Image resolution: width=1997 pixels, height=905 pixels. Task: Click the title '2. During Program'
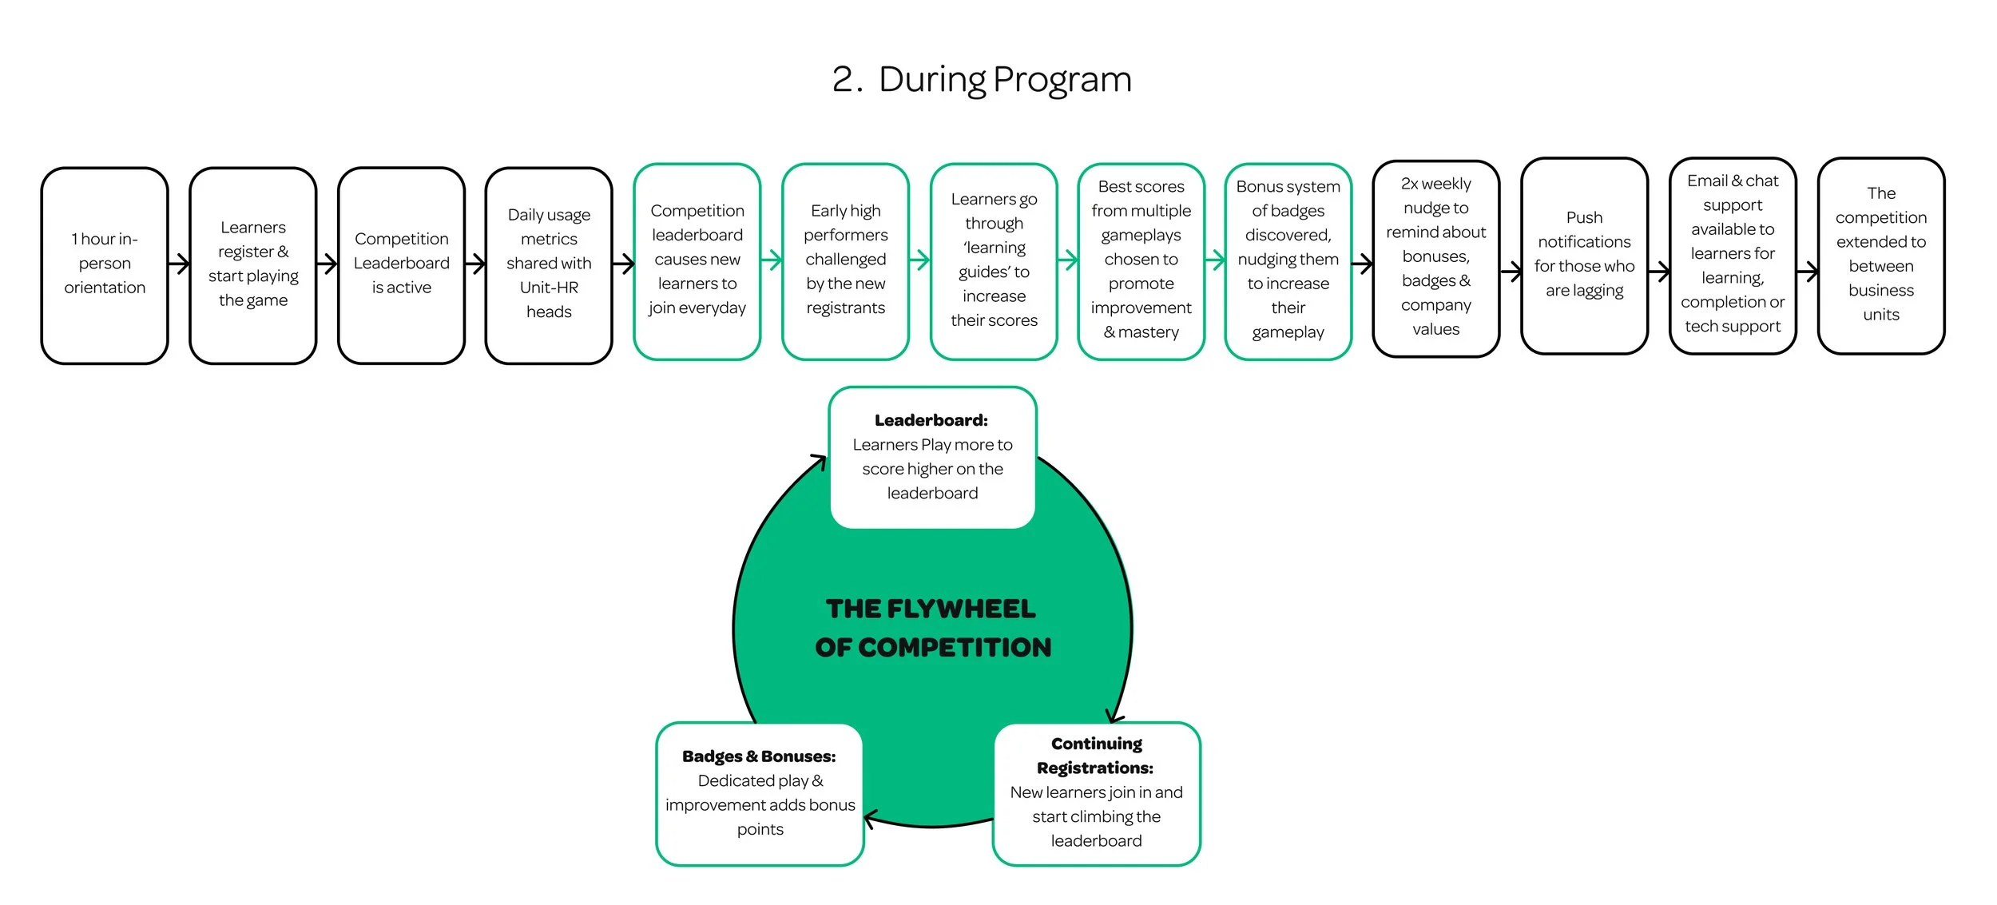pos(982,80)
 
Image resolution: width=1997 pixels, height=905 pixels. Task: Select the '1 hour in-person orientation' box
pos(105,266)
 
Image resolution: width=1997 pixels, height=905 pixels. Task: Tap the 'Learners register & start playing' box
pos(253,266)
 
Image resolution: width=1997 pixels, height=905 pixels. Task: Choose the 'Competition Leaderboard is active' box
pos(402,266)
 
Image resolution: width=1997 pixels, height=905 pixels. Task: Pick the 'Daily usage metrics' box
pos(549,266)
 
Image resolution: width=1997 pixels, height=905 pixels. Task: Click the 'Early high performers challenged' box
pos(846,262)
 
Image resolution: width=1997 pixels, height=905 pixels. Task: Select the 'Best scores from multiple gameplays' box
pos(1141,262)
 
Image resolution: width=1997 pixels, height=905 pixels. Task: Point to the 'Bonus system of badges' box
pos(1288,262)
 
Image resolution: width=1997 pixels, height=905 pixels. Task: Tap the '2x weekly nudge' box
pos(1436,259)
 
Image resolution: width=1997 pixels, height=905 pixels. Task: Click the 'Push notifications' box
pos(1585,256)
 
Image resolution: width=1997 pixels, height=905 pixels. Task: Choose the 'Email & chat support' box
pos(1733,256)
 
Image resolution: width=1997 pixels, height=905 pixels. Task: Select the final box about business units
pos(1881,256)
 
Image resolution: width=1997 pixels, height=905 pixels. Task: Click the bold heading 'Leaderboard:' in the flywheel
pos(931,420)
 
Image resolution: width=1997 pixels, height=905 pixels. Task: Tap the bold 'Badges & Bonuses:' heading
pos(759,756)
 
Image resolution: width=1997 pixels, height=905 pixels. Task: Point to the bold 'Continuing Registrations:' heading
pos(1096,756)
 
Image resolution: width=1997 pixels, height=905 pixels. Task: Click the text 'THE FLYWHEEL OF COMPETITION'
pos(933,628)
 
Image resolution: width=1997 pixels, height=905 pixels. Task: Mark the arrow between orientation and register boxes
pos(179,264)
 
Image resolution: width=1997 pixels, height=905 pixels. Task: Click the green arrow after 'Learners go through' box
pos(1068,260)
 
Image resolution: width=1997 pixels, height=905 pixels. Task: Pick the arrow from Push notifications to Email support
pos(1659,272)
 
